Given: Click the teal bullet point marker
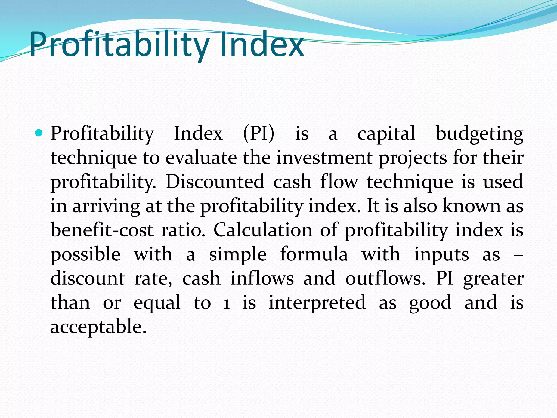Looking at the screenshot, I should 39,133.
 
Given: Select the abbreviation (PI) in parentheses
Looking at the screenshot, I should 259,134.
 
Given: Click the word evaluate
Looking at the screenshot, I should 201,158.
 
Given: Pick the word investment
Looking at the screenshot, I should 324,158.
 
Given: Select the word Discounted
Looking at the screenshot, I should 215,182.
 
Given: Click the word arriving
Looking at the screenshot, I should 106,206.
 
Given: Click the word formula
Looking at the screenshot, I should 314,254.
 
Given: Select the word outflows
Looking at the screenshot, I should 385,278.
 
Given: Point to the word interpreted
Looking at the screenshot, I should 317,303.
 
